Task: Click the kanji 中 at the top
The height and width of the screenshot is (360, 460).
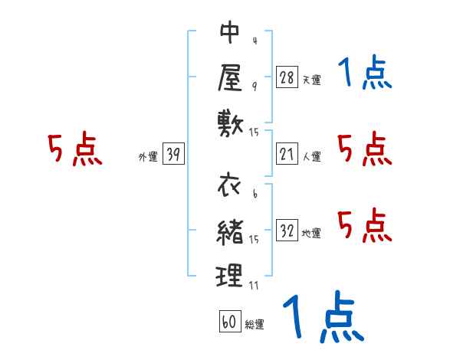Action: [x=229, y=34]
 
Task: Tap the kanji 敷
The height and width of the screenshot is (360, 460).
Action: [x=229, y=120]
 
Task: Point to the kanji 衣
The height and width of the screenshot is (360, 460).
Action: [x=229, y=185]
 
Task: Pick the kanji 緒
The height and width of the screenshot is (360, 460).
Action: [x=229, y=230]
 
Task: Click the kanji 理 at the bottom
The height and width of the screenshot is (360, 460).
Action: [x=229, y=274]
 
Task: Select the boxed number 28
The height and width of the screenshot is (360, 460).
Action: [x=287, y=77]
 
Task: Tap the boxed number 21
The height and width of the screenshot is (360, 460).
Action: [x=287, y=154]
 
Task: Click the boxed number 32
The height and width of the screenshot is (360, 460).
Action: [x=287, y=231]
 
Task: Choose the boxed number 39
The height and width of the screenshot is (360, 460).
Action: [x=173, y=154]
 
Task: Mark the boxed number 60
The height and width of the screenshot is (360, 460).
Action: [x=229, y=322]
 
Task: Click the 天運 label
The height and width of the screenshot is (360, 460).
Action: [x=311, y=80]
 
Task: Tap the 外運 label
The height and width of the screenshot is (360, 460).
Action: [x=147, y=157]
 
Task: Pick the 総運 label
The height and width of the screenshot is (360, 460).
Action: [x=255, y=325]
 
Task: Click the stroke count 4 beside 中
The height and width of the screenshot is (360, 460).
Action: [x=253, y=40]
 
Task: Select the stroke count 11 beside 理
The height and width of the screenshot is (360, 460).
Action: [x=254, y=285]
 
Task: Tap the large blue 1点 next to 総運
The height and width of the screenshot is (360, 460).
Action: [x=322, y=317]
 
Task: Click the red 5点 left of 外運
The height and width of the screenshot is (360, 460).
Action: [x=75, y=150]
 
